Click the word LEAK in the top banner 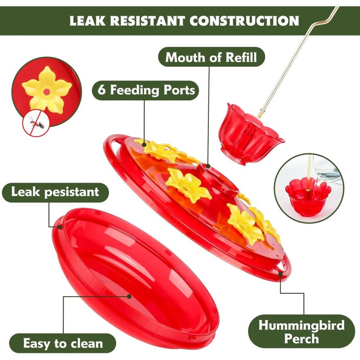87,21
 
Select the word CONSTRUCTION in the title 244,21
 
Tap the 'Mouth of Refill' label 211,57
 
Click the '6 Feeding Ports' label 146,90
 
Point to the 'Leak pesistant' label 55,193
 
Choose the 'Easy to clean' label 63,343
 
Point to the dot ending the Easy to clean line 129,297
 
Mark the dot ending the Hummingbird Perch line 280,274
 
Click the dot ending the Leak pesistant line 60,227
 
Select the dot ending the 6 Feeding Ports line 144,144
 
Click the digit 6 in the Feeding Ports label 102,90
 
